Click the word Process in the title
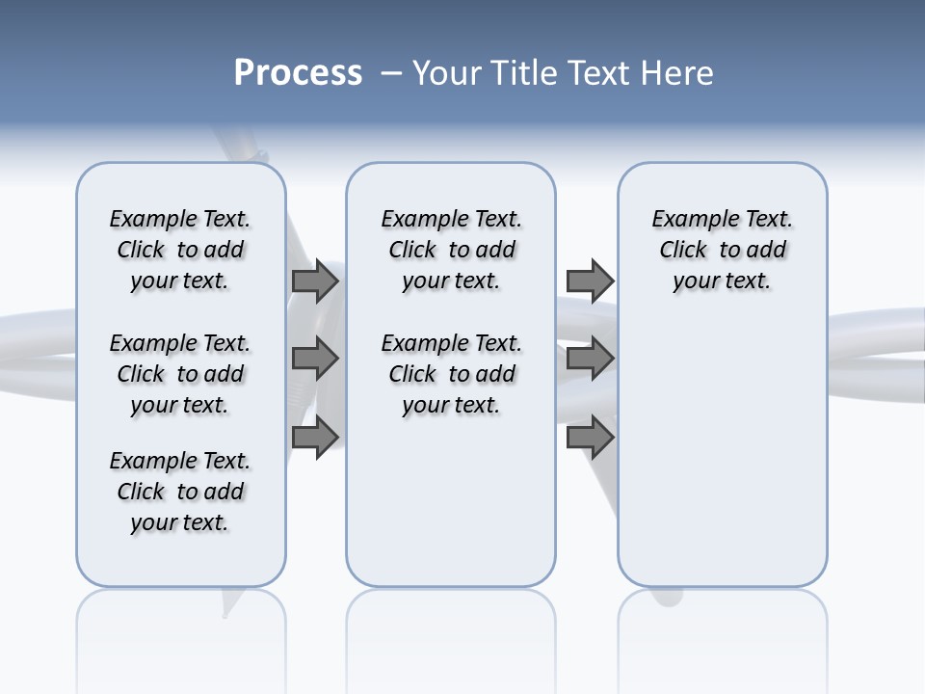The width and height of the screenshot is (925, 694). coord(298,72)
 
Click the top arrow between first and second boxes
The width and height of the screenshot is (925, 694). coord(315,280)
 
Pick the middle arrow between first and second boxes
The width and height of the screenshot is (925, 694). coord(315,360)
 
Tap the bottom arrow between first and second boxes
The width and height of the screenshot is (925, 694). coord(315,438)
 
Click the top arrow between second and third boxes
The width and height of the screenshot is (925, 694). coord(590,280)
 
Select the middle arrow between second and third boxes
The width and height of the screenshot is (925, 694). coord(590,360)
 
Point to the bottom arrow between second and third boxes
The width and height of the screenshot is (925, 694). coord(590,438)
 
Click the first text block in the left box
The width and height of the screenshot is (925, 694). coord(180,250)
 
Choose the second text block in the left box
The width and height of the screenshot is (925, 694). coord(180,374)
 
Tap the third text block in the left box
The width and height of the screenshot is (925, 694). coord(180,492)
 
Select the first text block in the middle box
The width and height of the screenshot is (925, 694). coord(451,250)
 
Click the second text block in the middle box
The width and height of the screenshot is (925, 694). coord(451,374)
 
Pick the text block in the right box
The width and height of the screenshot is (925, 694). coord(722,250)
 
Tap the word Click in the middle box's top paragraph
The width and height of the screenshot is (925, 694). coord(412,251)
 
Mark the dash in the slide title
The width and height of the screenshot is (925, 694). coord(392,73)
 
